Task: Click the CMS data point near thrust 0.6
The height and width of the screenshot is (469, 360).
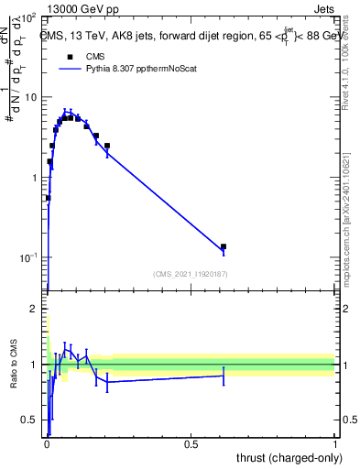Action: point(224,246)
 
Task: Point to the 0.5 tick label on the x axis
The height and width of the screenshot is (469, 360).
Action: point(191,444)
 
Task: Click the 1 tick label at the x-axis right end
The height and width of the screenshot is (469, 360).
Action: point(335,444)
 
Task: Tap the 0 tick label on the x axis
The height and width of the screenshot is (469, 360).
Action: point(48,444)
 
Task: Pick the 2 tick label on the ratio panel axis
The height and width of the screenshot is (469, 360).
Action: point(34,310)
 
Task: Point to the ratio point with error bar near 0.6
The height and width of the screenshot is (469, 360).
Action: point(224,376)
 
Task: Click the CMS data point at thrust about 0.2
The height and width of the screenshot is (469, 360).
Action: point(107,146)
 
